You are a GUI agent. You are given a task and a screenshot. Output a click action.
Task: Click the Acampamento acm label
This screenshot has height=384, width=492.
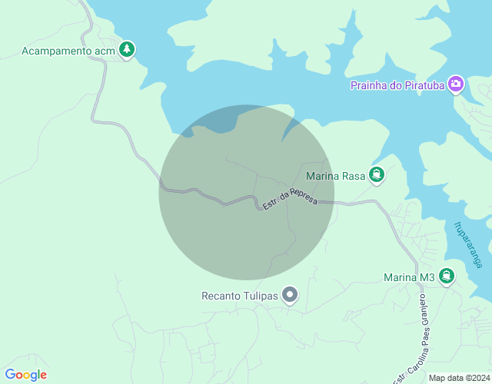(x=68, y=51)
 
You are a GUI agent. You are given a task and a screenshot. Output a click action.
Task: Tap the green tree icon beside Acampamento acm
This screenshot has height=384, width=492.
(x=127, y=50)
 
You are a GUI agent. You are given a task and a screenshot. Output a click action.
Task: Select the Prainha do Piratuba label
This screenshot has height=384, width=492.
(x=398, y=84)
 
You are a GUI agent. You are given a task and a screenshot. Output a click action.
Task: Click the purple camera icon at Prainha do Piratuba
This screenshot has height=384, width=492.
(x=456, y=84)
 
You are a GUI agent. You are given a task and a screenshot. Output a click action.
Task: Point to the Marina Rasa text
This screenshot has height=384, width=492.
(x=334, y=176)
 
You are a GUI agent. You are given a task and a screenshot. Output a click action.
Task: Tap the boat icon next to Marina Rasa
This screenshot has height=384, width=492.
(x=376, y=176)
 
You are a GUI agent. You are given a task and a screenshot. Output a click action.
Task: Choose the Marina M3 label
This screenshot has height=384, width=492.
(x=409, y=277)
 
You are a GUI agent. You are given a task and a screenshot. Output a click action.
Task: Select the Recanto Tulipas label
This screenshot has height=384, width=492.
(x=239, y=295)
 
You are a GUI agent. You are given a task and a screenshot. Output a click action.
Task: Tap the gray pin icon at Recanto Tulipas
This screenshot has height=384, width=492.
(x=290, y=294)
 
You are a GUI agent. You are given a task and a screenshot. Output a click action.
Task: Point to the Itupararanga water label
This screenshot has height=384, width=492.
(x=468, y=244)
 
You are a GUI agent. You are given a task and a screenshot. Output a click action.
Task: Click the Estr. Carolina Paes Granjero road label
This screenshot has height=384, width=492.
(x=410, y=338)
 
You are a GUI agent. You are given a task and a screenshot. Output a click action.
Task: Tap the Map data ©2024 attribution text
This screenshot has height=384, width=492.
(x=458, y=378)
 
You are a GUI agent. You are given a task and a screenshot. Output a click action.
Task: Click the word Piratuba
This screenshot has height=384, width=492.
(x=422, y=84)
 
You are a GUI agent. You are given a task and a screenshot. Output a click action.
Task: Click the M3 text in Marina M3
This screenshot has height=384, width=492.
(x=427, y=277)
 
